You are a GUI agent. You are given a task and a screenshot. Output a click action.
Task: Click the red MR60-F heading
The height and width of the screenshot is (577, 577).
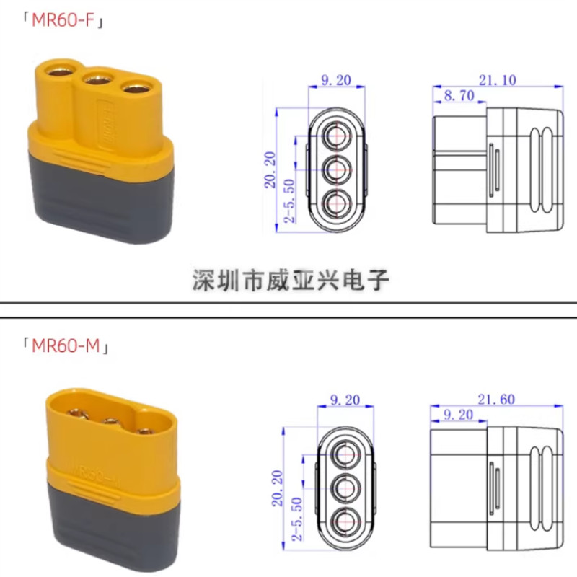point(63,20)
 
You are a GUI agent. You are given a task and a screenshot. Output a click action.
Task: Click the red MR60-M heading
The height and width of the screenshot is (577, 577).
point(66,345)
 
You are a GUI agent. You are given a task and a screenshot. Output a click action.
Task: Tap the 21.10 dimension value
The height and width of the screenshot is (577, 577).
point(498,80)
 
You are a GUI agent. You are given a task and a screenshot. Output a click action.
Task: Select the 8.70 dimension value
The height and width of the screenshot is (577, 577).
point(459,96)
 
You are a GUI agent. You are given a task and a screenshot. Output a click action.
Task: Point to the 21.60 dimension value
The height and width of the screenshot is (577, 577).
point(496,400)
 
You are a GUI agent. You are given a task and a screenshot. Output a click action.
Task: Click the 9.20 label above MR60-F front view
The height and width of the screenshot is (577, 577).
point(336,80)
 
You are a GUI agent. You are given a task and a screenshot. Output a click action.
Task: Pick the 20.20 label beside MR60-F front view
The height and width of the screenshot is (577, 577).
point(270,169)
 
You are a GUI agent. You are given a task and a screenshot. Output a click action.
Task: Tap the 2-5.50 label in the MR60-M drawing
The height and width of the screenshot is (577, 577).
point(296,519)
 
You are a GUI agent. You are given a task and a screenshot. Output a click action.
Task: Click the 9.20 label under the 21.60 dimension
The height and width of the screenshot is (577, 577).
point(458,415)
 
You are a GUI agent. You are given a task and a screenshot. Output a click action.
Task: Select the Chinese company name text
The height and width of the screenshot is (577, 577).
point(291,280)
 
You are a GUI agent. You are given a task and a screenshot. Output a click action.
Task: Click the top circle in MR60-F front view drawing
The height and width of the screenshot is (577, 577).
point(336,136)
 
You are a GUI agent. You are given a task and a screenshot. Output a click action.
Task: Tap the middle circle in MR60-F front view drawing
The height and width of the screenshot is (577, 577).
point(336,169)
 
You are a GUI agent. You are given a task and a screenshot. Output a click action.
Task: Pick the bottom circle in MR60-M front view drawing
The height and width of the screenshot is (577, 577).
point(345,522)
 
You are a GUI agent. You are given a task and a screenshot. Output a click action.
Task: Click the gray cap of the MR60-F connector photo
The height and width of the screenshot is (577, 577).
point(100,203)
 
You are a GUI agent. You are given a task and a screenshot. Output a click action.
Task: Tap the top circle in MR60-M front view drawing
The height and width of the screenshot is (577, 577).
point(345,455)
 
